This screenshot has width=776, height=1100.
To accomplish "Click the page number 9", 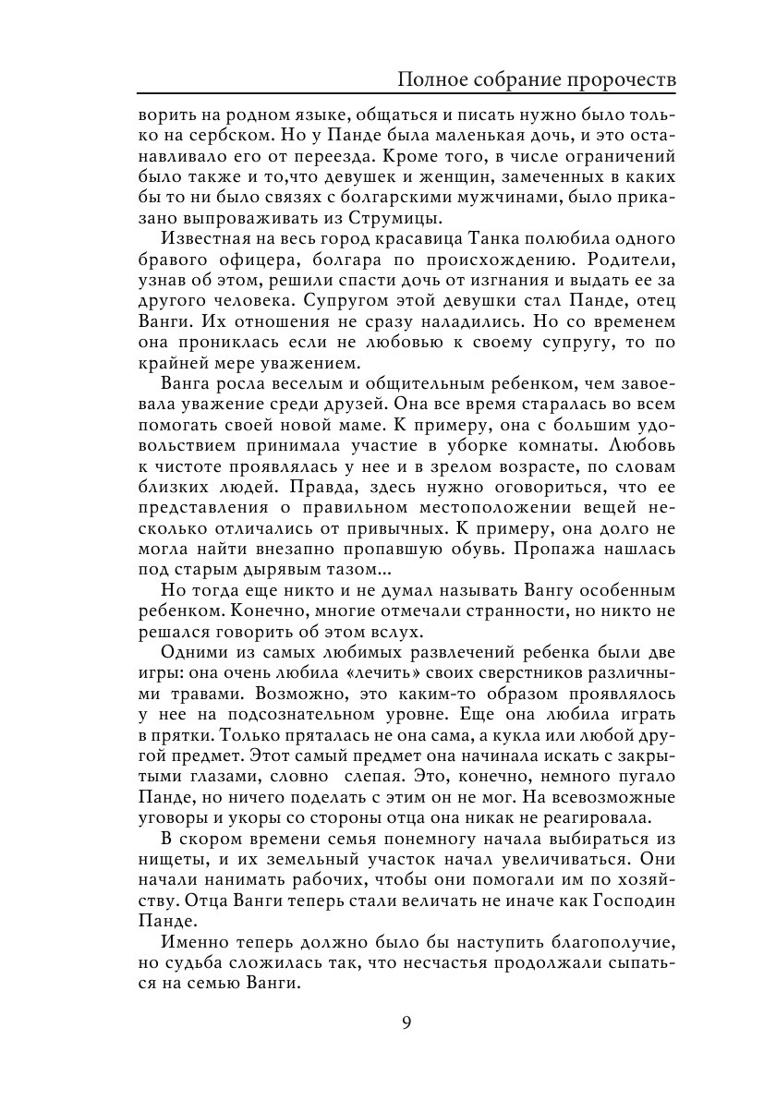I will tap(406, 1022).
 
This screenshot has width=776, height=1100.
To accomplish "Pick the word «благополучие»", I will tap(586, 942).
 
